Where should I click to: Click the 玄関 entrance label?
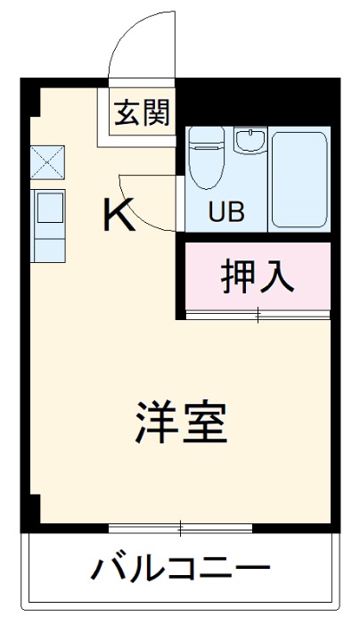142,113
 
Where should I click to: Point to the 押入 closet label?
257,277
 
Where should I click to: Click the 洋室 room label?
182,424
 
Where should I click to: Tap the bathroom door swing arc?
143,210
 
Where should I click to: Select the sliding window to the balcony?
181,528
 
